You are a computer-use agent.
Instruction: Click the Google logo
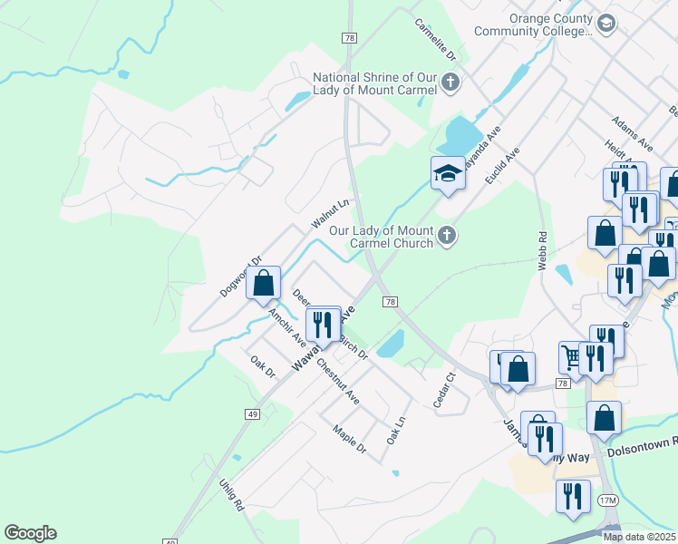point(30,533)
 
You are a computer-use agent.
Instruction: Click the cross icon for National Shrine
point(450,84)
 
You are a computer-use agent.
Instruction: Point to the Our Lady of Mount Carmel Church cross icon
point(446,237)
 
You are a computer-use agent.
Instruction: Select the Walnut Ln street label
point(330,214)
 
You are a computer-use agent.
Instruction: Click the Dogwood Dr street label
point(240,277)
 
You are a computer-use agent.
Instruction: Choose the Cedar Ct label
point(443,390)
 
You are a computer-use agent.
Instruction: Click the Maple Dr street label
point(349,440)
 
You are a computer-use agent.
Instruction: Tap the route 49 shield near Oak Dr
point(251,413)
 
